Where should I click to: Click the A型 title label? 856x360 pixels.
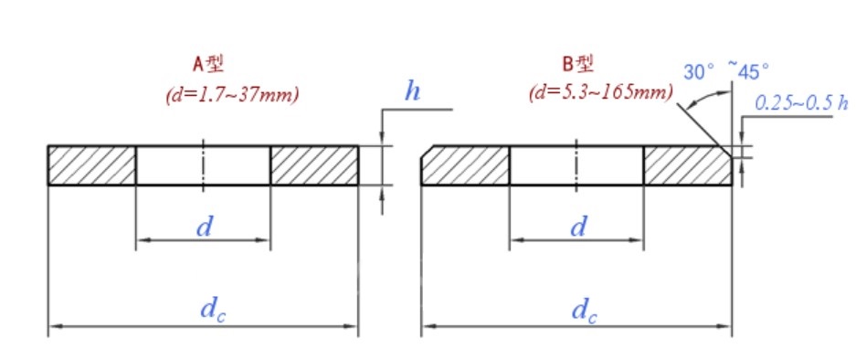[208, 65]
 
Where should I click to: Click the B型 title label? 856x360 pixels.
[577, 65]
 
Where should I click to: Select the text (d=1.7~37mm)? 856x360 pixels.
[233, 95]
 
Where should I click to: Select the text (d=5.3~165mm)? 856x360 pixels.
[601, 92]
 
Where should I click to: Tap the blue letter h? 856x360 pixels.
[413, 90]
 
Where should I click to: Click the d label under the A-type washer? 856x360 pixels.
[204, 227]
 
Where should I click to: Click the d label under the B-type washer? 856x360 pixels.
[577, 227]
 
